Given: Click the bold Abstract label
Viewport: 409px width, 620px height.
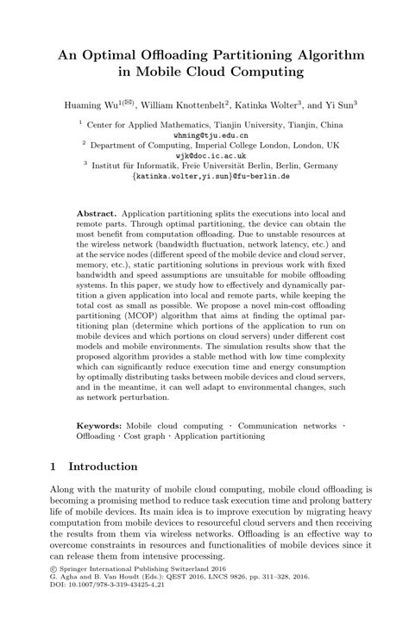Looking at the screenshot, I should [97, 211].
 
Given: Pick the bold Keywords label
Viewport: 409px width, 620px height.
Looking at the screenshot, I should [99, 426].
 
